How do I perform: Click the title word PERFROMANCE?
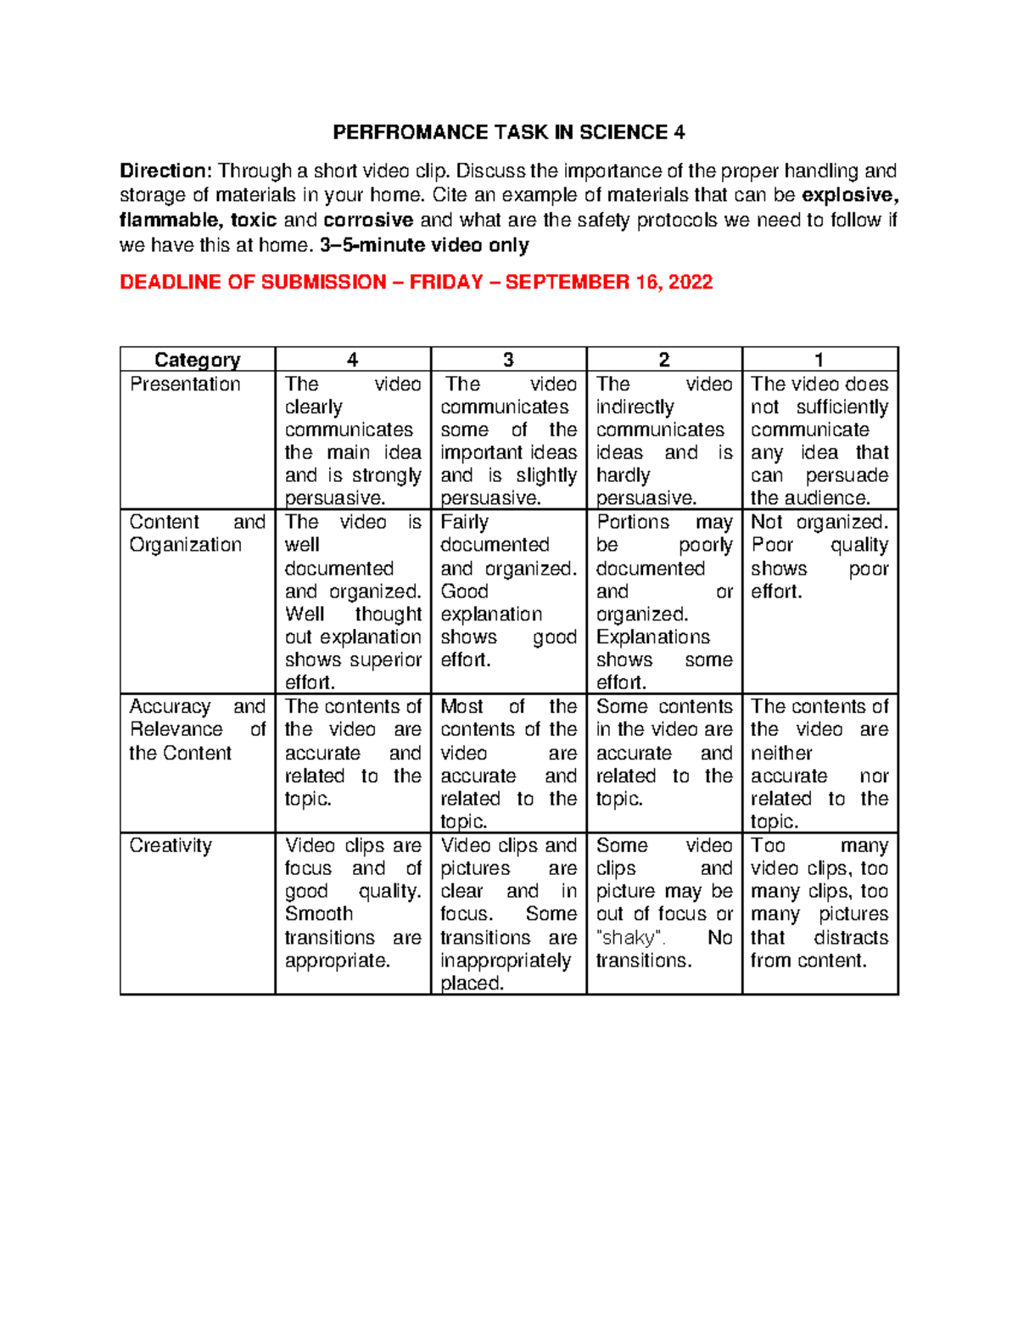point(410,132)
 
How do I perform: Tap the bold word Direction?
point(164,171)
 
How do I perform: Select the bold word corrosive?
point(368,221)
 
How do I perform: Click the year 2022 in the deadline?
point(690,283)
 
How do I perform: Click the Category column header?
point(197,360)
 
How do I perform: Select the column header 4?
point(353,360)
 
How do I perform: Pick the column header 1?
point(819,360)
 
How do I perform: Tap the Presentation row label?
point(185,384)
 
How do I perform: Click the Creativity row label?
point(171,846)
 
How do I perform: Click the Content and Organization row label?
point(197,534)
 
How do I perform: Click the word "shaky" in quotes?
point(631,938)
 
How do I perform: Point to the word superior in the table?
point(387,660)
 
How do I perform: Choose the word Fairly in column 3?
point(464,522)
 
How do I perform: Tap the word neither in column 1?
point(781,753)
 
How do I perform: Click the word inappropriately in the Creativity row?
point(506,961)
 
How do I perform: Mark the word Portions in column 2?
point(633,522)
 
